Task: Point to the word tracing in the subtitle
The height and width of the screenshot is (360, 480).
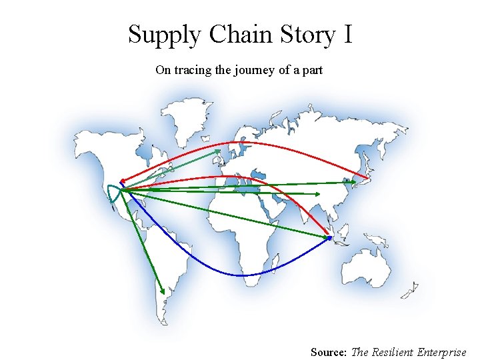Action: click(x=193, y=70)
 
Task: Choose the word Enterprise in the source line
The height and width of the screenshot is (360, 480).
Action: click(x=441, y=351)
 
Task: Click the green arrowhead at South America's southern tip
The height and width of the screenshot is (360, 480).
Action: click(x=163, y=291)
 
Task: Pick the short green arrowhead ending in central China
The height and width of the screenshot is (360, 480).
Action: click(x=318, y=194)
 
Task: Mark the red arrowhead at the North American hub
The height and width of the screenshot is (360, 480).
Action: click(x=122, y=181)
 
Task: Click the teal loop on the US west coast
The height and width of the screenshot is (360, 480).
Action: click(x=112, y=194)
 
